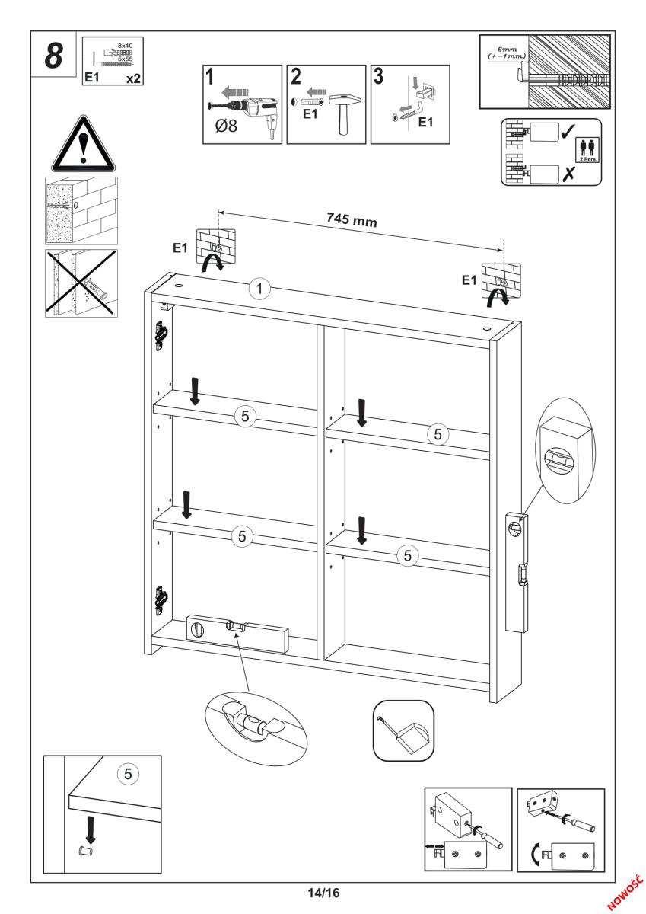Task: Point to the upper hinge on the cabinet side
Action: point(161,335)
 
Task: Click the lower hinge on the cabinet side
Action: point(162,599)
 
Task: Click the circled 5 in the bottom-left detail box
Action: point(128,774)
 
